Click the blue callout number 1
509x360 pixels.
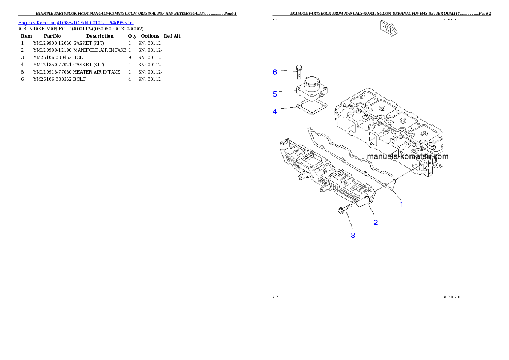click(x=402, y=204)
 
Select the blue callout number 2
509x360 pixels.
click(x=376, y=222)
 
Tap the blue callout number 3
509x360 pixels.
click(x=353, y=235)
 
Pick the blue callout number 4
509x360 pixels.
click(x=275, y=112)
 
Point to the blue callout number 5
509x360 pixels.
click(x=275, y=94)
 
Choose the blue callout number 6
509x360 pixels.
click(x=275, y=72)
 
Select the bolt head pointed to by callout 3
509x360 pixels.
click(x=341, y=210)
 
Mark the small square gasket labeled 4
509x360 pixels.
click(x=311, y=106)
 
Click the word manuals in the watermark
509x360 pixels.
click(x=382, y=156)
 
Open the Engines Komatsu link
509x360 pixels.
click(x=37, y=22)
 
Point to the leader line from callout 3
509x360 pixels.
click(x=349, y=222)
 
